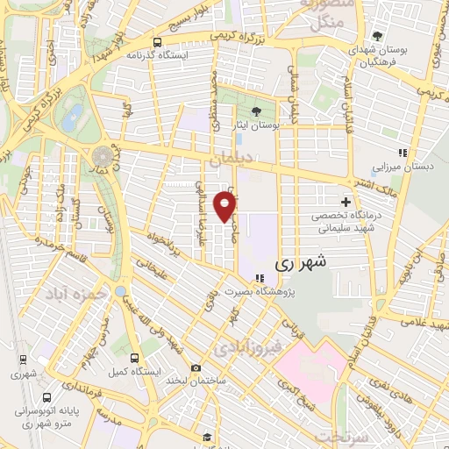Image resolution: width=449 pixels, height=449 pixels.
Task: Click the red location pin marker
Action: tap(225, 207)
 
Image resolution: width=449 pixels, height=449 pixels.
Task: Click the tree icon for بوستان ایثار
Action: tap(256, 111)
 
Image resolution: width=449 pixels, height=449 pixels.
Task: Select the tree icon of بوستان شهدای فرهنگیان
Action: tap(377, 36)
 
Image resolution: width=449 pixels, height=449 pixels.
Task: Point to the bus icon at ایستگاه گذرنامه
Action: tap(157, 41)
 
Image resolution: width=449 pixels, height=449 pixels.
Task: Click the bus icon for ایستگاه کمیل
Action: tap(134, 358)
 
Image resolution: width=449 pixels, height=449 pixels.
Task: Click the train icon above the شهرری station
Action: tap(22, 358)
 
